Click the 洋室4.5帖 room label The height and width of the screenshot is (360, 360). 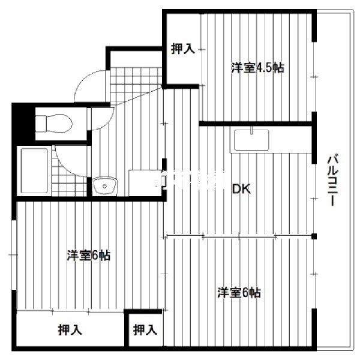pos(257,68)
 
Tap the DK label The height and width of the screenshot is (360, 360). pos(241,189)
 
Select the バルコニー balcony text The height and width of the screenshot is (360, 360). pos(331,181)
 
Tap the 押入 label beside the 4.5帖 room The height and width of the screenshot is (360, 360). pos(182,49)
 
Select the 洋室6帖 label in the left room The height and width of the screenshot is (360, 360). pos(88,256)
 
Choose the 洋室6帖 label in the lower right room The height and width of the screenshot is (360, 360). pos(238,293)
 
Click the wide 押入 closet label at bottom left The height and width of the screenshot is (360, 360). pos(70,329)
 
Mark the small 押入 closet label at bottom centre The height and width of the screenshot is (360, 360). pos(145,329)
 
